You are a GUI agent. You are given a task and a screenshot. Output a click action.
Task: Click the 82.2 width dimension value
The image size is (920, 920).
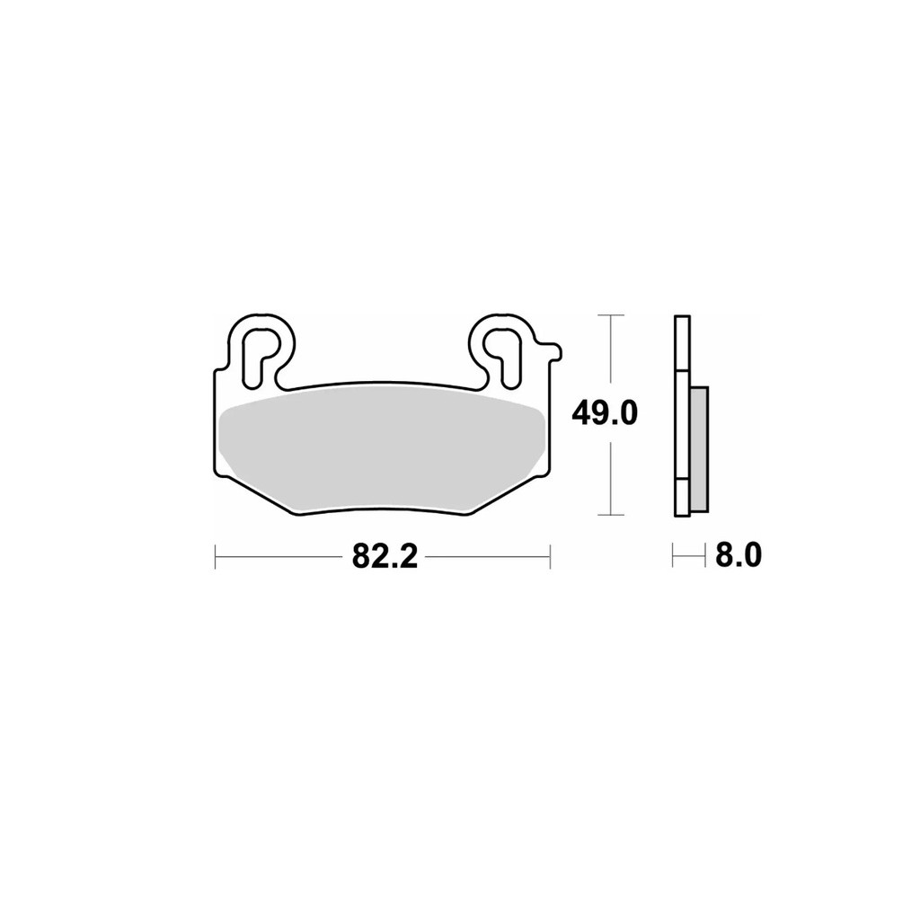[385, 555]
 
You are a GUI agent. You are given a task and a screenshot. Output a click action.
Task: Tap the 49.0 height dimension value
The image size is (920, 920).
[605, 413]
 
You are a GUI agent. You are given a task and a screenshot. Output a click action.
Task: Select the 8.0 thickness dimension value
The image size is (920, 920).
[739, 554]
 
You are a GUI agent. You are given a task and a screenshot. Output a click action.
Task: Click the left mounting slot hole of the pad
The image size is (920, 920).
[258, 358]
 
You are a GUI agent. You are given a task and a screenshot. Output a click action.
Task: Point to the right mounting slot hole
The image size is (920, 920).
[503, 358]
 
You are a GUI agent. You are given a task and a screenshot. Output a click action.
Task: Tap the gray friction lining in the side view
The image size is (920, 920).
[700, 448]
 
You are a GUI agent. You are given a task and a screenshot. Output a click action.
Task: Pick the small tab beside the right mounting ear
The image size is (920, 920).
[553, 352]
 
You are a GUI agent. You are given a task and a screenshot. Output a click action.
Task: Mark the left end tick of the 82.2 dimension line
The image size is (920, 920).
[216, 555]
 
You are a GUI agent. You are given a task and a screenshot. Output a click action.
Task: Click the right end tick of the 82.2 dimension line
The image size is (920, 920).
[550, 555]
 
